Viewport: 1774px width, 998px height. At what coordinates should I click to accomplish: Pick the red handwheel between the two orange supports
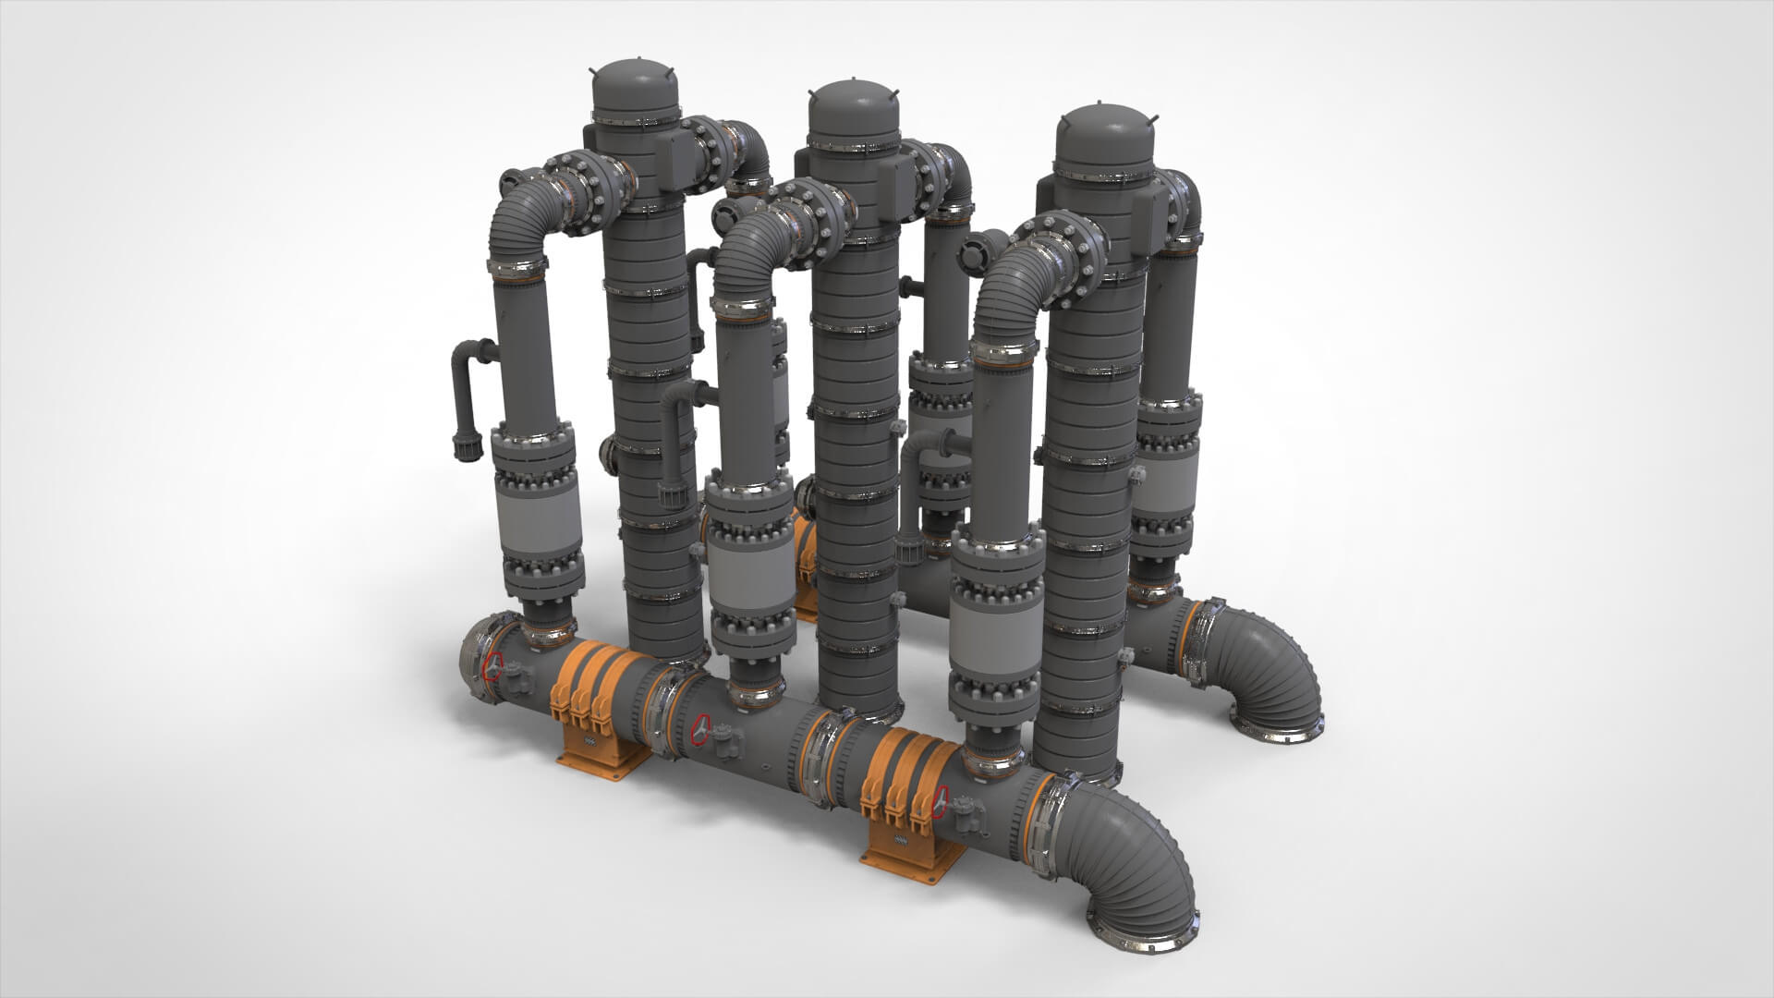703,729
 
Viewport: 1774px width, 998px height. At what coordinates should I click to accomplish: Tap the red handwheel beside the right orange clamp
941,800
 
